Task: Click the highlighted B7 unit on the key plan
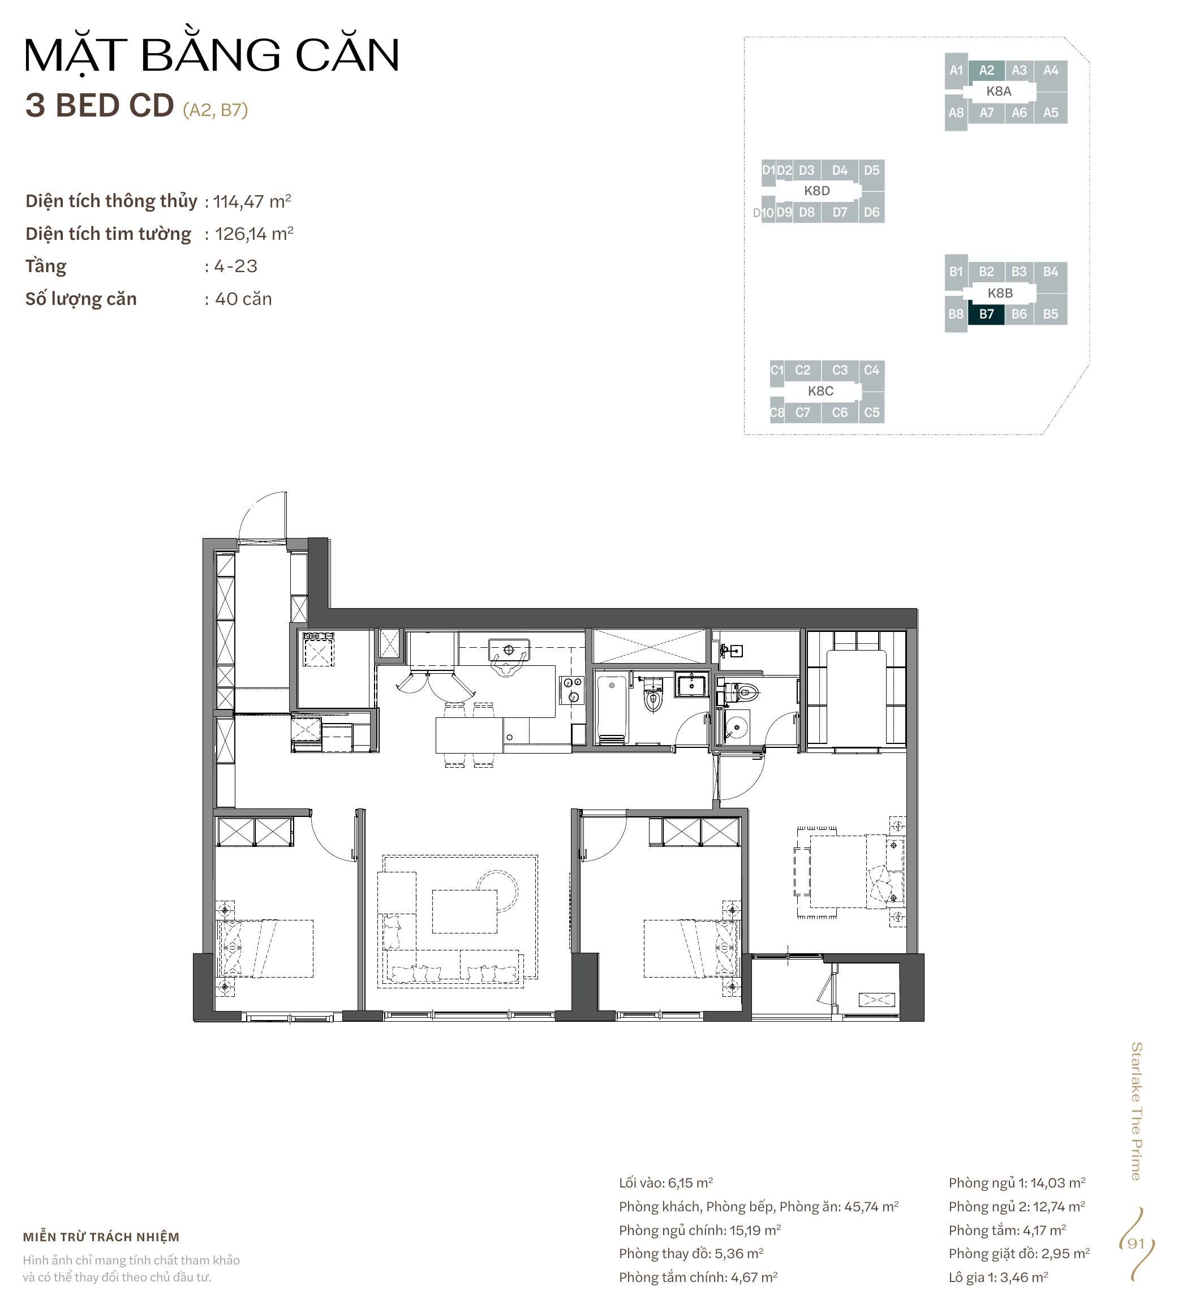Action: click(x=986, y=314)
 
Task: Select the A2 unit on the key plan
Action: click(x=986, y=70)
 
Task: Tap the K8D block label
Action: click(x=817, y=190)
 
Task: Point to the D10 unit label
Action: click(x=763, y=212)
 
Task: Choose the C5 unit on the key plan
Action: click(x=872, y=412)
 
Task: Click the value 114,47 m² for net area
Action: click(x=252, y=201)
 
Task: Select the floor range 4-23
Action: click(x=237, y=266)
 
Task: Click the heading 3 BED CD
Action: click(x=100, y=105)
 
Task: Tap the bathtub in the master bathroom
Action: click(x=611, y=709)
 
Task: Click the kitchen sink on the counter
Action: click(x=509, y=649)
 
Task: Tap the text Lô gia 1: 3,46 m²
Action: click(x=998, y=1277)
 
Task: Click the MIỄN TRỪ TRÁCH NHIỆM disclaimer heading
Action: click(x=101, y=1237)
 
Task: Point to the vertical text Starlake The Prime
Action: click(x=1136, y=1111)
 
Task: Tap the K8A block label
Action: click(x=999, y=91)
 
